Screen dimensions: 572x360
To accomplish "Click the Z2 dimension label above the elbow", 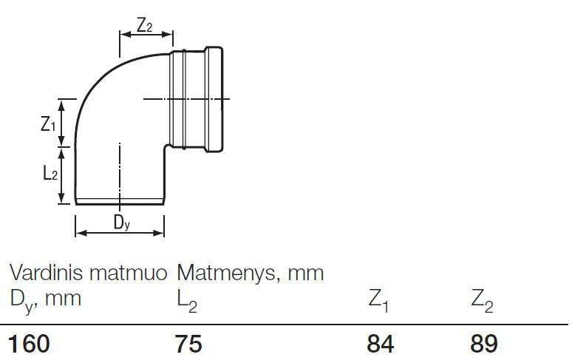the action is (144, 25).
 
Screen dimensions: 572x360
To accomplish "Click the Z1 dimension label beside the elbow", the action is (48, 124).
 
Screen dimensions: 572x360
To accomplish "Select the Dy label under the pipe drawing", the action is (121, 223).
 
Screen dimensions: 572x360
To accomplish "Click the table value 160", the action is (29, 344).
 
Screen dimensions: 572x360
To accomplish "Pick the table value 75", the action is (188, 344).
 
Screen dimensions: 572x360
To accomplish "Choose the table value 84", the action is (380, 344).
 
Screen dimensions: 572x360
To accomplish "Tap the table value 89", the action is (484, 344).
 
